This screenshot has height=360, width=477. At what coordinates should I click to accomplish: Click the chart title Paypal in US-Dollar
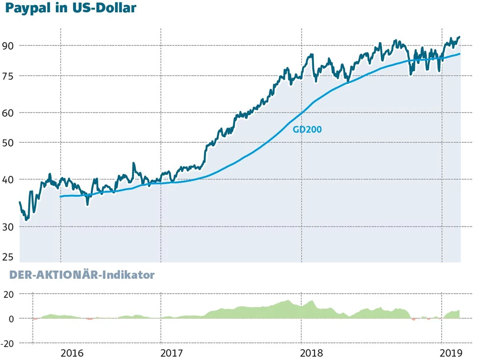coord(69,9)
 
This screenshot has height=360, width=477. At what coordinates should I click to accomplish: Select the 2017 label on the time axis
coord(172,353)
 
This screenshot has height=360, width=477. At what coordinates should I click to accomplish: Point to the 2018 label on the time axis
coord(313,353)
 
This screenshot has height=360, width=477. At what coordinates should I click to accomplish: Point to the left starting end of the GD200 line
coord(60,196)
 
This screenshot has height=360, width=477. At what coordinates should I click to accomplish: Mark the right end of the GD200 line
coord(460,54)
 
